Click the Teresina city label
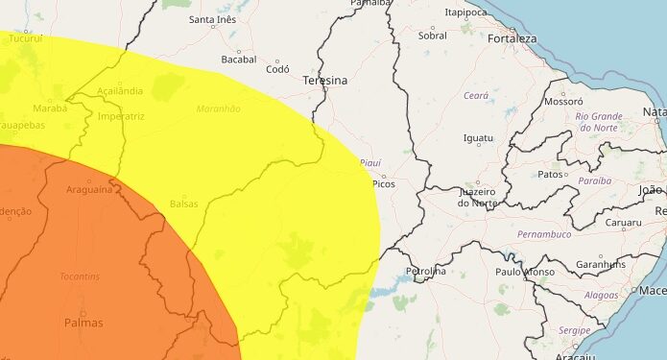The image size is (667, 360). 323,81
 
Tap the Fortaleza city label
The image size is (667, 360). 512,39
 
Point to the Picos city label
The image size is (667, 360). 383,183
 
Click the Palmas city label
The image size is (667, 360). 83,324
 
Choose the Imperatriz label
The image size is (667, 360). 121,116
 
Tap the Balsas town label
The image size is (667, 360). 183,204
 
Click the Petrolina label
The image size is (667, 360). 426,271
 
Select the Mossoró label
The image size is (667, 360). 563,101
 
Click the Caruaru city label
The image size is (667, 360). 623,223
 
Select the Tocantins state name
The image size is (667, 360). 79,276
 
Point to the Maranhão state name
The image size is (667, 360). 218,109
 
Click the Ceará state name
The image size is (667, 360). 476,96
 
